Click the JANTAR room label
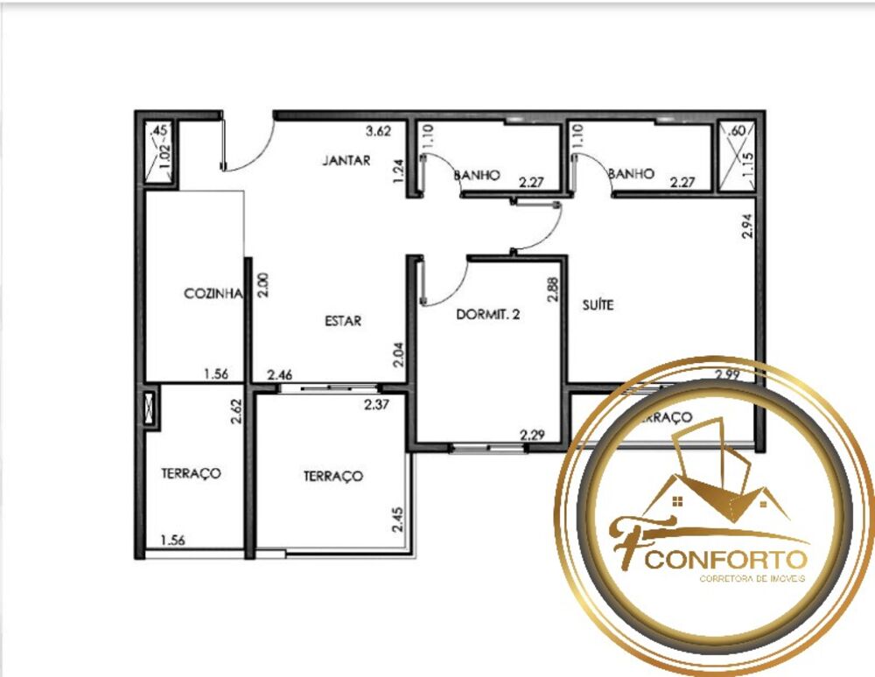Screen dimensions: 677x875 346,161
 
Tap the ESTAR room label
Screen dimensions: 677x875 343,321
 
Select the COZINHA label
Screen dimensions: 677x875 212,294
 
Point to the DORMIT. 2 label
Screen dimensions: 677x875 488,315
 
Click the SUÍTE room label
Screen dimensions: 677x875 598,305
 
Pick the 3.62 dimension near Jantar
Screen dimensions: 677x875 378,132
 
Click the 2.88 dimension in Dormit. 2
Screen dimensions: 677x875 553,290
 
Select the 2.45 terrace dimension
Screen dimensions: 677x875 397,521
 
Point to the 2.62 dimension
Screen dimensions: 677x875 236,411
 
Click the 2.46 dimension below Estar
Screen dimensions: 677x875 280,374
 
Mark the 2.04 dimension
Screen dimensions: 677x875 398,353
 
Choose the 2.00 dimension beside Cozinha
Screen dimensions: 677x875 262,286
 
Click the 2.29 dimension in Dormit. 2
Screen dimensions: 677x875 532,434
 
